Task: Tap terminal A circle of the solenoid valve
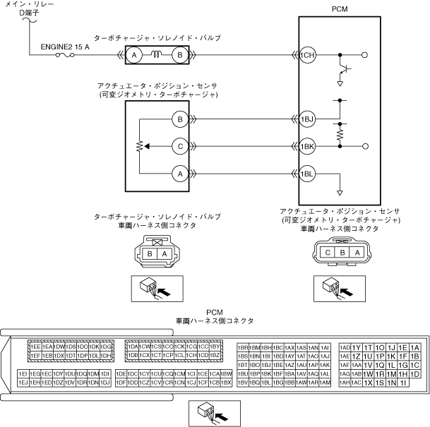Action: coord(134,54)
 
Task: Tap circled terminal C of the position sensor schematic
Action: coord(180,146)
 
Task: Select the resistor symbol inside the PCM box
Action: coord(340,132)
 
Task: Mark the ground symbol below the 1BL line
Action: coord(340,191)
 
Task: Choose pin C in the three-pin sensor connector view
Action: coord(328,252)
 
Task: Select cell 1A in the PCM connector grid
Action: coord(414,347)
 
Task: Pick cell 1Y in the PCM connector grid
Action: coord(357,347)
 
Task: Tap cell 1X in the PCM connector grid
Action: coord(368,382)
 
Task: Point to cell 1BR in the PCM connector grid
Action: coord(244,347)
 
